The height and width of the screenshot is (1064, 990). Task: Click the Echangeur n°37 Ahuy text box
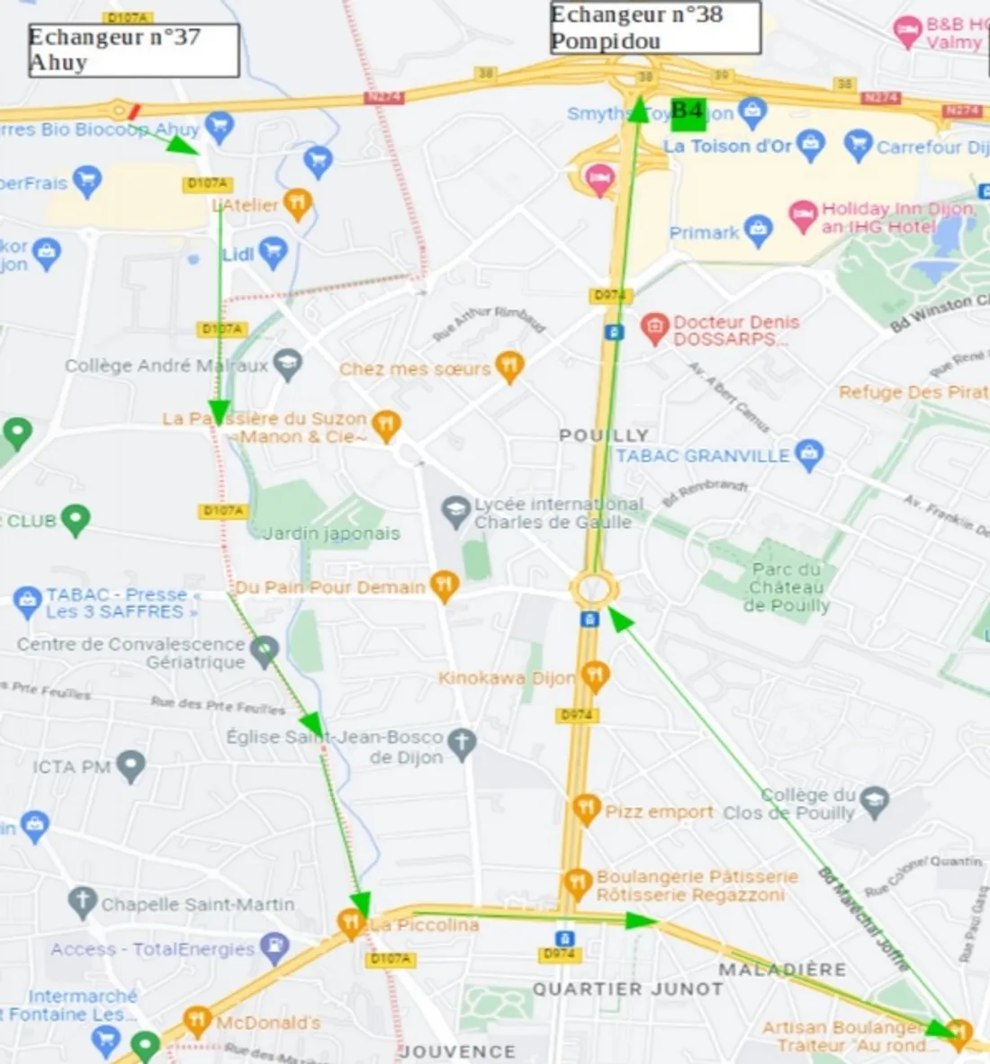[x=133, y=50]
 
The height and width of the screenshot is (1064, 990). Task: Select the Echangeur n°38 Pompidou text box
[x=655, y=28]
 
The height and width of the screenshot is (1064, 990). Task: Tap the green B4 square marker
[x=688, y=112]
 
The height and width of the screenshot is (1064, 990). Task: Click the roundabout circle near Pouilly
[x=594, y=590]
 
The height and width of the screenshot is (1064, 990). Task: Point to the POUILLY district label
[x=603, y=435]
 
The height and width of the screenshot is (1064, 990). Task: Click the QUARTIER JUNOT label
[x=627, y=988]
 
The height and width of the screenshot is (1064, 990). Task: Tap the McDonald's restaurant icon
[x=196, y=1021]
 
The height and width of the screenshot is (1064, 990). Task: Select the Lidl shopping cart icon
[x=273, y=252]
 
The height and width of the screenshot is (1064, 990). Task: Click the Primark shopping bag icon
[x=758, y=230]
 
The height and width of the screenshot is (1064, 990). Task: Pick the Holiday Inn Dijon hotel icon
[x=802, y=216]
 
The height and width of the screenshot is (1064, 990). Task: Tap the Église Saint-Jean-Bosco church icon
[x=462, y=744]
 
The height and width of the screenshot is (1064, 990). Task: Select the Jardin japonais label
[x=331, y=533]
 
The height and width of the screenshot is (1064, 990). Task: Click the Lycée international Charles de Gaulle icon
[x=456, y=512]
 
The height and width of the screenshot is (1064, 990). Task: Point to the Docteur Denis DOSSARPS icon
[x=654, y=327]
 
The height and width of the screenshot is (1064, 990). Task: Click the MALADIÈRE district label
[x=782, y=970]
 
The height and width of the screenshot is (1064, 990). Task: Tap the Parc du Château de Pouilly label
[x=787, y=587]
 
